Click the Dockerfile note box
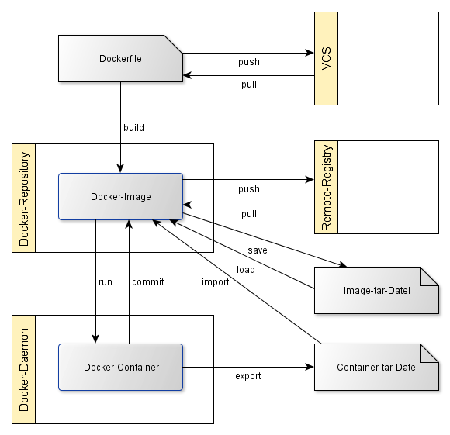pyautogui.click(x=120, y=58)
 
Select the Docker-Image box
pyautogui.click(x=120, y=197)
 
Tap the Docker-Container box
pyautogui.click(x=120, y=367)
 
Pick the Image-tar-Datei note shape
pyautogui.click(x=376, y=291)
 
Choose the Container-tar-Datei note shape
pyautogui.click(x=376, y=367)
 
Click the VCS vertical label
pyautogui.click(x=327, y=58)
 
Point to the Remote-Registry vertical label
pyautogui.click(x=327, y=188)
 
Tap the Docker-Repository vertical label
pyautogui.click(x=24, y=199)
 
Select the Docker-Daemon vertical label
pyautogui.click(x=24, y=370)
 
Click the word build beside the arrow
pyautogui.click(x=133, y=128)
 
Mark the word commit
pyautogui.click(x=147, y=282)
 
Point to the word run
pyautogui.click(x=106, y=282)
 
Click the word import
pyautogui.click(x=215, y=282)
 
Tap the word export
pyautogui.click(x=248, y=376)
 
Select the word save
pyautogui.click(x=258, y=250)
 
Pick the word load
pyautogui.click(x=246, y=270)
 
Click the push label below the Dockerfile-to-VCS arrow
pyautogui.click(x=249, y=62)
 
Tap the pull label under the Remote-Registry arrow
pyautogui.click(x=249, y=214)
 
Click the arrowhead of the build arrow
pyautogui.click(x=120, y=168)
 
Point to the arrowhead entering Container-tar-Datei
pyautogui.click(x=310, y=367)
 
